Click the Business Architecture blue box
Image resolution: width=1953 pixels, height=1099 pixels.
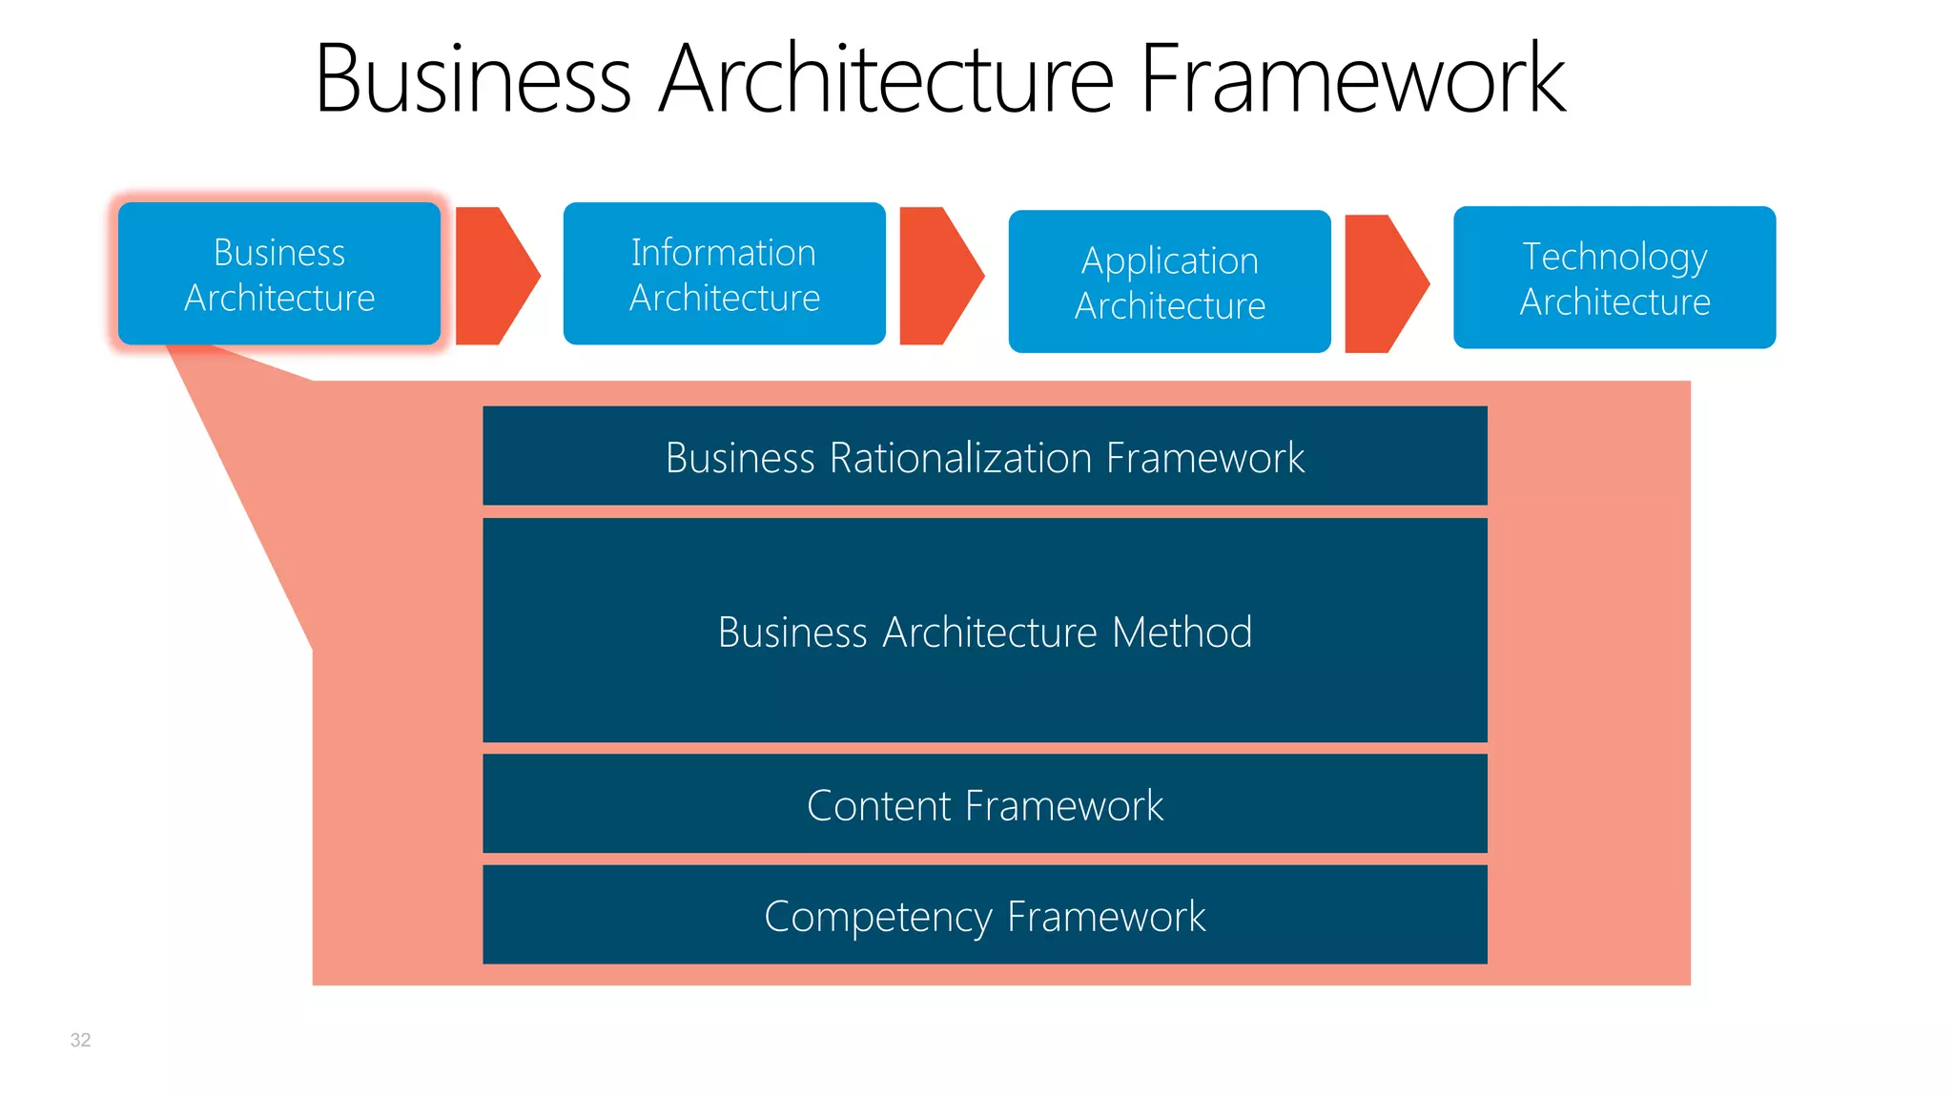278,274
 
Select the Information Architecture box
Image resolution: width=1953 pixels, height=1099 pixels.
724,274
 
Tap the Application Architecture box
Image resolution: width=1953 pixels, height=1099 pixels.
1169,281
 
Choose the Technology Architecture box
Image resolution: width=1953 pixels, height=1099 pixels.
1614,278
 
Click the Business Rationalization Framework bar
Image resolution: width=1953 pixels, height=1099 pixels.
984,456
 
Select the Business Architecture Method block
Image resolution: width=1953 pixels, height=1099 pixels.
984,631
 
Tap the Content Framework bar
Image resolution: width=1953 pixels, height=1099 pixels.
984,804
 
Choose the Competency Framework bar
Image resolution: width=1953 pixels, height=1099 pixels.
984,915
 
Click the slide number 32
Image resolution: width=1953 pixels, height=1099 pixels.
80,1040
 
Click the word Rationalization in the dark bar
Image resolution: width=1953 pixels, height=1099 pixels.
961,458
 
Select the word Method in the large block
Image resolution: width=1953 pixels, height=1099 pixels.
1182,632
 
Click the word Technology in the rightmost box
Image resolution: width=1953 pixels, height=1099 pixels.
1614,257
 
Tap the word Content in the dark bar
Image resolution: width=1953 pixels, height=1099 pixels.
878,805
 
